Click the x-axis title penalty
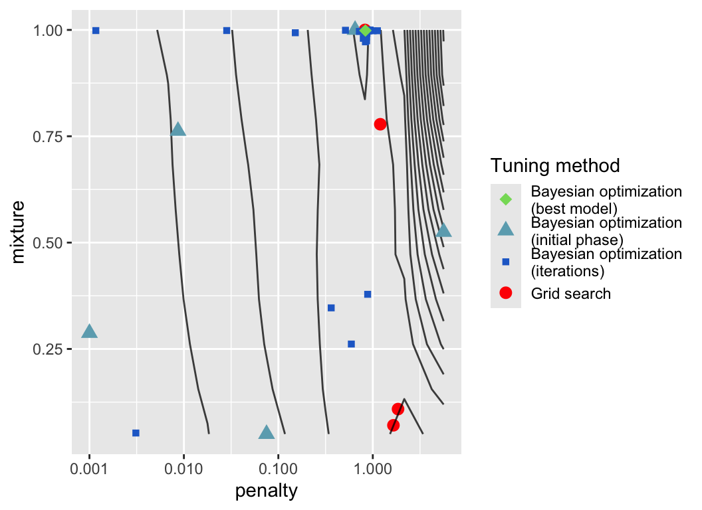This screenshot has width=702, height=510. point(266,491)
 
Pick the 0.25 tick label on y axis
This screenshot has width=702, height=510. point(48,349)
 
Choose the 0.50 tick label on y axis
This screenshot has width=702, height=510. point(48,243)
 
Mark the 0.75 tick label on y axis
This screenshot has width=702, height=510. point(48,137)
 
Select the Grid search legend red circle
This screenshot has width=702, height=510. point(505,293)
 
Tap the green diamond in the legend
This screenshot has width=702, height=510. point(505,199)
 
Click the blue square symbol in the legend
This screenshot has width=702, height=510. point(505,262)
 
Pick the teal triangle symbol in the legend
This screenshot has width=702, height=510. point(505,230)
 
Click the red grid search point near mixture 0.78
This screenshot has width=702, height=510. point(380,124)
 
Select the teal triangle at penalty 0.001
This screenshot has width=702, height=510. point(90,331)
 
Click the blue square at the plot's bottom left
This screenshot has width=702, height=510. point(136,433)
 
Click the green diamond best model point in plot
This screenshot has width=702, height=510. point(365,31)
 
